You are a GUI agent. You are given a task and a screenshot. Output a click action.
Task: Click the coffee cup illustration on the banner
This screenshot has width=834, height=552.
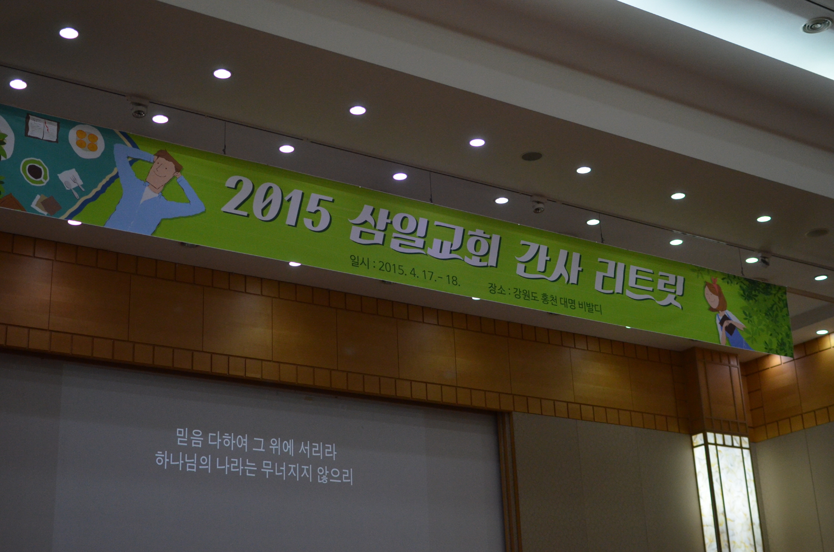(x=35, y=171)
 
